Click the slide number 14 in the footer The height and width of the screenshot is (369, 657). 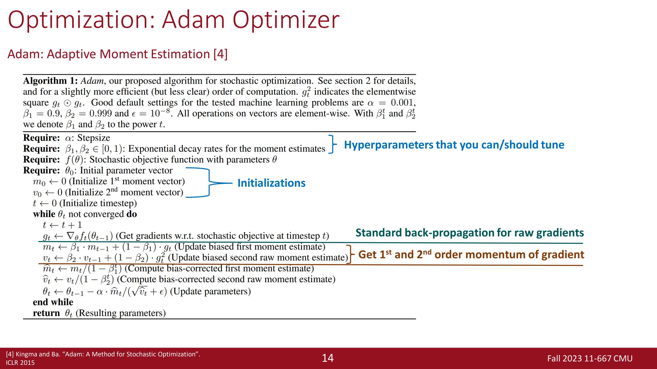tap(328, 358)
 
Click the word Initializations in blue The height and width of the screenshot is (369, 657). tap(271, 183)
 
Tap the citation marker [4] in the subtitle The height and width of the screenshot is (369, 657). tap(220, 54)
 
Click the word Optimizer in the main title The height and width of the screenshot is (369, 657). tap(286, 20)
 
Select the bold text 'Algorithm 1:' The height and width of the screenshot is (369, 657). tap(50, 81)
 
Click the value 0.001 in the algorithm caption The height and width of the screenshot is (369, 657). tap(403, 102)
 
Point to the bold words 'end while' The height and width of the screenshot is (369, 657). tap(53, 302)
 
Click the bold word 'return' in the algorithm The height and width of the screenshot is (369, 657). tap(46, 313)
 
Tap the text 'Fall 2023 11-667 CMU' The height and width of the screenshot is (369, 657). tap(590, 358)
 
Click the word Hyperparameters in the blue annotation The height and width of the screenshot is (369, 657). tap(388, 145)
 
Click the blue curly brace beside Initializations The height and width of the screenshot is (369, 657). tap(209, 183)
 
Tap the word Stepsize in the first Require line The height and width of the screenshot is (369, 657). tap(94, 138)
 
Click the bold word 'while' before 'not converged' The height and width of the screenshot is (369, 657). tap(44, 214)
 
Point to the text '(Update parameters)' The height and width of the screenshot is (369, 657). tap(210, 291)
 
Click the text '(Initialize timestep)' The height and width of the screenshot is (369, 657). tap(98, 203)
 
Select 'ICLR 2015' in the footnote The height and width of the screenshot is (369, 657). tap(20, 363)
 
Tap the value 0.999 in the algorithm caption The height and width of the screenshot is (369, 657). tap(100, 113)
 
